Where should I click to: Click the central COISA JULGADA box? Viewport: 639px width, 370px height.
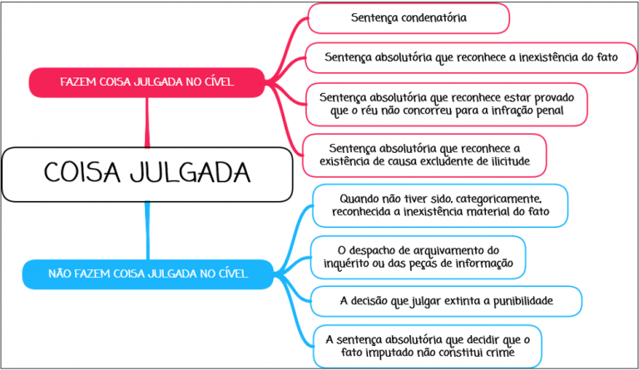(147, 175)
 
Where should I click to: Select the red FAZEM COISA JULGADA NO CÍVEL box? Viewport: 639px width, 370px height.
(147, 82)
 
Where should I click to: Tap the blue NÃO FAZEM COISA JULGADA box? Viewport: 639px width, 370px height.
(148, 274)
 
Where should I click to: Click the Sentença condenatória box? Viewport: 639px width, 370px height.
(409, 18)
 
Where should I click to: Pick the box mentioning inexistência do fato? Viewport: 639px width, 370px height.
(471, 58)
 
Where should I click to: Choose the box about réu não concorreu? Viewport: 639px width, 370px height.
(446, 104)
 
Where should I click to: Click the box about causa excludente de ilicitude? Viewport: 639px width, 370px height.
(424, 155)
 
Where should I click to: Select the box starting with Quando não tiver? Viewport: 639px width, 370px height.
(440, 205)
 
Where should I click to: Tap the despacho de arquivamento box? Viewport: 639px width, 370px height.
(419, 257)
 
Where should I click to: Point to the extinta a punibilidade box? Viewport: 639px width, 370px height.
(446, 301)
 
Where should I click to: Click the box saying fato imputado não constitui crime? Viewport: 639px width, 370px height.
(428, 347)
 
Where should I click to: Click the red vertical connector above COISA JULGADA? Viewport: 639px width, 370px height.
(147, 122)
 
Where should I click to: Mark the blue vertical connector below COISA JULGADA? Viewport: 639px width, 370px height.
(147, 230)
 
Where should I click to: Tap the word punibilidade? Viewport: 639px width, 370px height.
(523, 301)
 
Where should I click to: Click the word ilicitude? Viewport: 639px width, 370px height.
(509, 161)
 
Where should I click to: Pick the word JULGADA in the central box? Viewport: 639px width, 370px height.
(191, 173)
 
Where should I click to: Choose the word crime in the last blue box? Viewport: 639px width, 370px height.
(499, 353)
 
